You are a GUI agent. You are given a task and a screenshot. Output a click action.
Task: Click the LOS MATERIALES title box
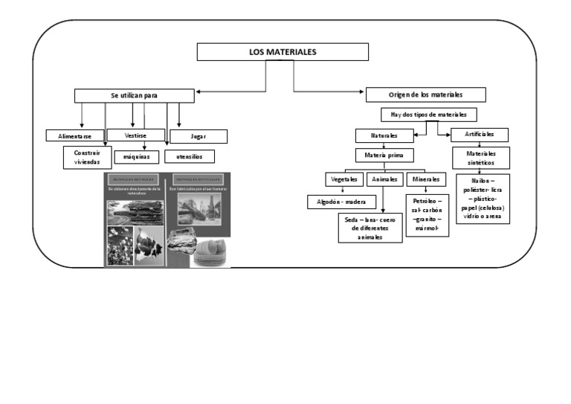[x=283, y=52]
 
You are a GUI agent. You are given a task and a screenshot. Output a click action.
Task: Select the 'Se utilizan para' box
[x=134, y=95]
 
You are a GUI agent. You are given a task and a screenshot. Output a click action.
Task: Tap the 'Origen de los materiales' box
[x=425, y=94]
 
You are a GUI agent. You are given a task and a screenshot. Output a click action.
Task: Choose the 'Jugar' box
[x=199, y=137]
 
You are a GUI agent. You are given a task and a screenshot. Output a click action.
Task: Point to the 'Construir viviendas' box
[x=87, y=157]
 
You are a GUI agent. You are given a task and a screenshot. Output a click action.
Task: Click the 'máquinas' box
[x=137, y=157]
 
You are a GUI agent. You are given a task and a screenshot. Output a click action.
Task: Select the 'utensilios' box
[x=189, y=157]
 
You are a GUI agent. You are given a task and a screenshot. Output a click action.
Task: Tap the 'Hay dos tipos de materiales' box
[x=428, y=115]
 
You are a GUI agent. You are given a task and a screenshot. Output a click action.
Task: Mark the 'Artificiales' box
[x=480, y=135]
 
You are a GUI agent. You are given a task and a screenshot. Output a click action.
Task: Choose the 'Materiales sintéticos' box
[x=481, y=158]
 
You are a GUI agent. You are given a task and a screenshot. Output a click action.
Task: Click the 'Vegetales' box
[x=343, y=179]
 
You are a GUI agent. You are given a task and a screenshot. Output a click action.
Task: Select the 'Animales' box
[x=384, y=179]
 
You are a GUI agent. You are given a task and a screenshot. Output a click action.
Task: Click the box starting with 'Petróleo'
[x=426, y=216]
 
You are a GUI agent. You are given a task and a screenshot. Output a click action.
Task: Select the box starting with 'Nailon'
[x=482, y=199]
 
